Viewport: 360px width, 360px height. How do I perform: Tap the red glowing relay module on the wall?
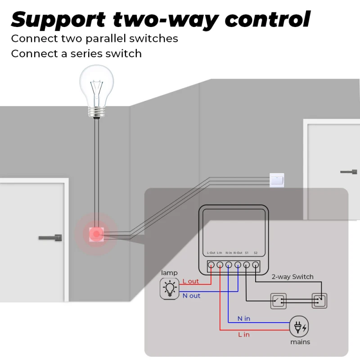coord(96,234)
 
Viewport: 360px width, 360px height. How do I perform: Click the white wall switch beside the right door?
coord(276,180)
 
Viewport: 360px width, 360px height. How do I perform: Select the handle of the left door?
coord(50,237)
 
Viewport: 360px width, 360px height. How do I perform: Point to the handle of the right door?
coord(349,171)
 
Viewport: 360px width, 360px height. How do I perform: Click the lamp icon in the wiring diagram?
coord(170,288)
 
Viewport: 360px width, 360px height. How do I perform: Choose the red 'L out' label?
coord(190,281)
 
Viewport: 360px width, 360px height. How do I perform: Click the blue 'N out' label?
coord(191,296)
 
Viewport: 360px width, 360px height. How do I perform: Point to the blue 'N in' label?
coord(244,319)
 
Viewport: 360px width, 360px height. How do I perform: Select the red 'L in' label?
coord(243,334)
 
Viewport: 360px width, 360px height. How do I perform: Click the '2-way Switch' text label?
coord(292,277)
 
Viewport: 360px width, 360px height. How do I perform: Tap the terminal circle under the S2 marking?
coord(256,265)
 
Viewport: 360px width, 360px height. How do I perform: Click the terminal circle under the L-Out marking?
coord(211,265)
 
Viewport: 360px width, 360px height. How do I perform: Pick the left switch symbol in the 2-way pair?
coord(277,301)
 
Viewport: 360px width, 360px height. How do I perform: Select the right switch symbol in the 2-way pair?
coord(319,301)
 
